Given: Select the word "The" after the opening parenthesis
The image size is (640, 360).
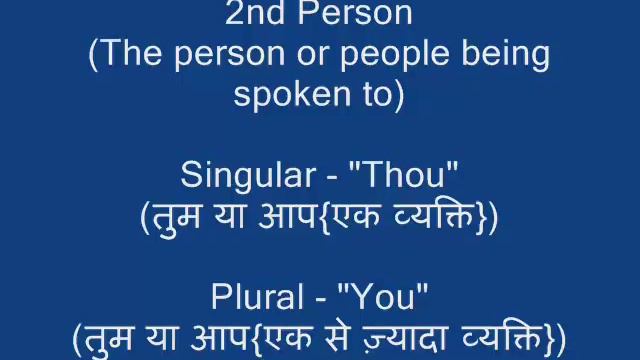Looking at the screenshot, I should (x=126, y=54).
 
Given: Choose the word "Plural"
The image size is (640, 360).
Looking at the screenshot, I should (x=255, y=297).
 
